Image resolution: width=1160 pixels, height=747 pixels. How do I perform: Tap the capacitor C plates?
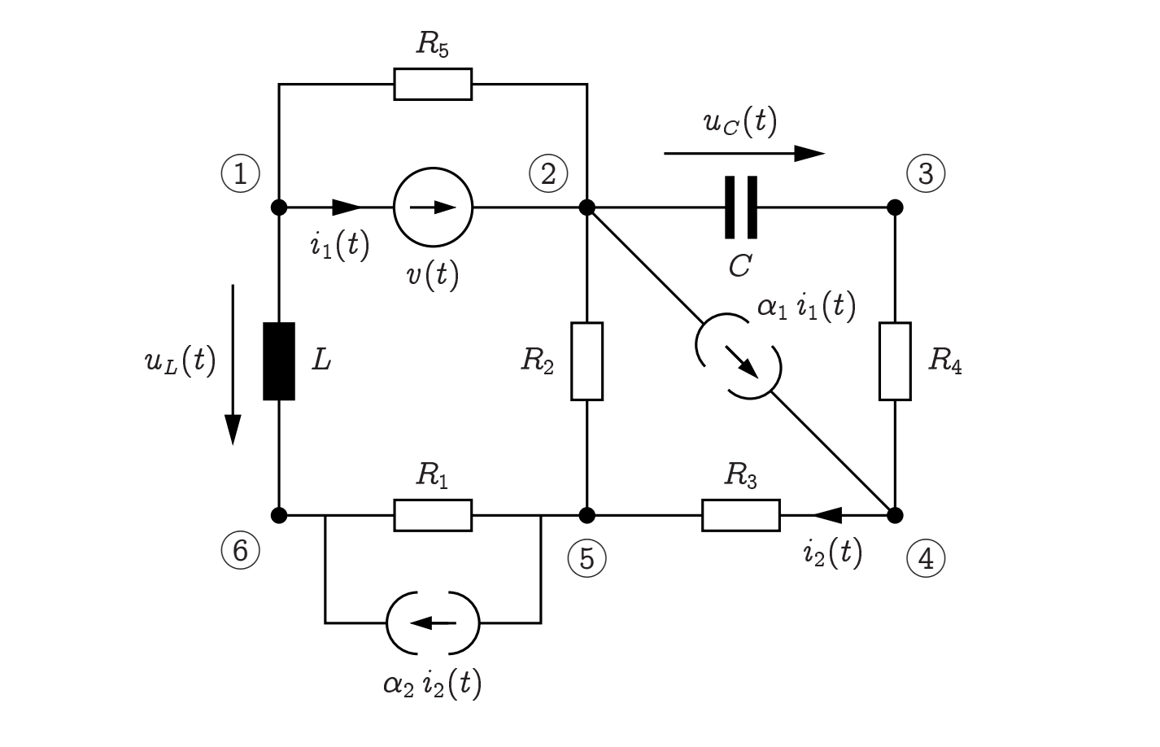point(741,207)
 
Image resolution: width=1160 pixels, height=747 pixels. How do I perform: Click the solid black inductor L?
point(279,361)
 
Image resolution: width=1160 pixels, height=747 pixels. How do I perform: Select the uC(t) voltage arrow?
point(744,153)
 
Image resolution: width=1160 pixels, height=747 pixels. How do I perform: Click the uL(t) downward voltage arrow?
point(233,365)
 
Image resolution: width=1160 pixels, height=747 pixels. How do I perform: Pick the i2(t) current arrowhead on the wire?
point(827,515)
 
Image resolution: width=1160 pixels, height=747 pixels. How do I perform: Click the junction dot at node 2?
point(587,207)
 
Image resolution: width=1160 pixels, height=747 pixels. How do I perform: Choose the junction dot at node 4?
point(895,515)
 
